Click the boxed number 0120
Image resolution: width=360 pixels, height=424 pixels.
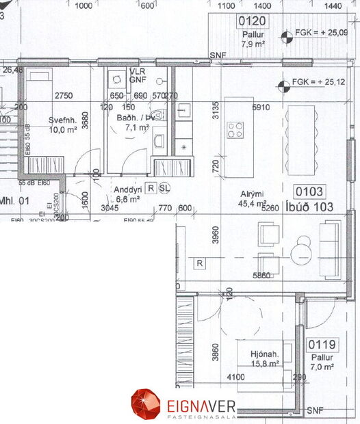(x=252, y=21)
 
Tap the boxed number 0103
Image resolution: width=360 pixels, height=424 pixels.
(x=310, y=192)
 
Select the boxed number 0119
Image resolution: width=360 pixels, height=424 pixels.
(x=320, y=345)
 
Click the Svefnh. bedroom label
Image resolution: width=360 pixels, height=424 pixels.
(x=62, y=120)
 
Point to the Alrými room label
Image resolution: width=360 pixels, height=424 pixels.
(x=248, y=193)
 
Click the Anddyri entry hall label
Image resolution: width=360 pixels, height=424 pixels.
(x=127, y=189)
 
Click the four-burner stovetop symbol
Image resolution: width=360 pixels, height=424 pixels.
(x=237, y=129)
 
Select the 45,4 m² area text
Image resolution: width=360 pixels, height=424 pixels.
(x=250, y=203)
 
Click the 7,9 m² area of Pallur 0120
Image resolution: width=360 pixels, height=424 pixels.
(x=253, y=44)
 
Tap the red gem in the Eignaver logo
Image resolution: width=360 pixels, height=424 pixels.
(x=144, y=403)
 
